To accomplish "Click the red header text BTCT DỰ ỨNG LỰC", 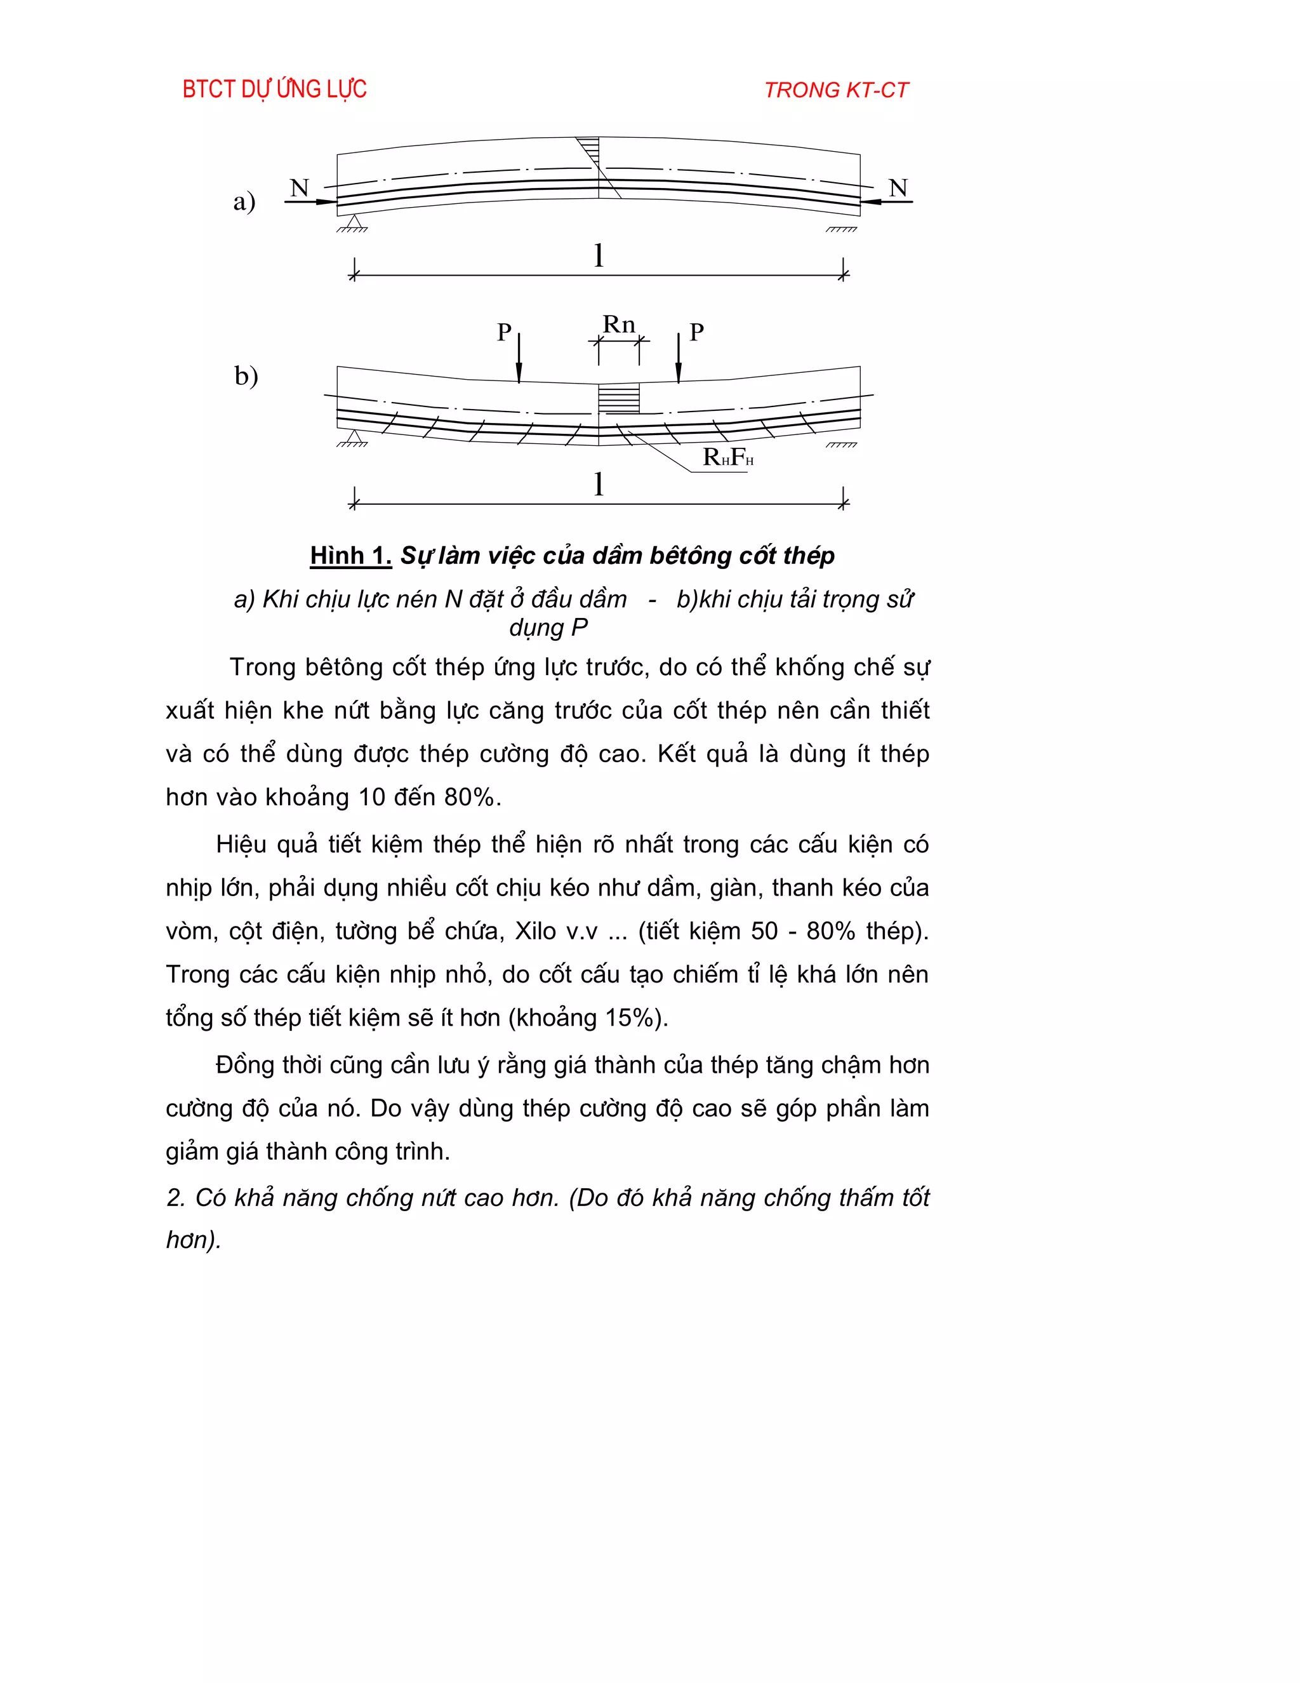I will [x=274, y=90].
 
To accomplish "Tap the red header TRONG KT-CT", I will [x=837, y=90].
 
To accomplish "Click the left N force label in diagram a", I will [x=300, y=188].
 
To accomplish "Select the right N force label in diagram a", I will [x=898, y=188].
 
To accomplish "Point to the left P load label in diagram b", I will [x=505, y=332].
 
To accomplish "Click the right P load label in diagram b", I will [x=696, y=332].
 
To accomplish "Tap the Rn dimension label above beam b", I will [x=618, y=325].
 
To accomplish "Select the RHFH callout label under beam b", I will [x=728, y=457].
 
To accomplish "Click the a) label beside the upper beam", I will [x=244, y=201].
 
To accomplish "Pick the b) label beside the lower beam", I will [x=246, y=376].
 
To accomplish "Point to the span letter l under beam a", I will [x=599, y=255].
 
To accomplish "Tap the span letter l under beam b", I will [x=599, y=484].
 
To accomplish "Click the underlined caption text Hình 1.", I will [x=350, y=556].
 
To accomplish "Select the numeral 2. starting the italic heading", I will [x=176, y=1198].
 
